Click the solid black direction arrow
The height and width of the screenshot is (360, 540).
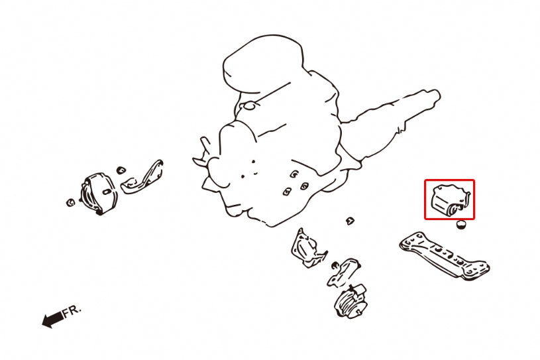[53, 320]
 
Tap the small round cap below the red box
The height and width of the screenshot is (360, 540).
[460, 225]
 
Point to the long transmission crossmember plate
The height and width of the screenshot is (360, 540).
[445, 255]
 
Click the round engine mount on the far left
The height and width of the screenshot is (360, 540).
[99, 194]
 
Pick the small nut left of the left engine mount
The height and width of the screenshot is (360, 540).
[70, 202]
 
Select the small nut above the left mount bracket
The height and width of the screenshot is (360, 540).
[121, 170]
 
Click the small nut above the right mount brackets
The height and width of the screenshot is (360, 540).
[350, 221]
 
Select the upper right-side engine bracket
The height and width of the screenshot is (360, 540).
[307, 249]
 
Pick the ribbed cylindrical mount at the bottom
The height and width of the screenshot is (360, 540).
[351, 301]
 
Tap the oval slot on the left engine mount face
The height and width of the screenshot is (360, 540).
[107, 192]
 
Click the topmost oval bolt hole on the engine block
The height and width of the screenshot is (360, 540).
[294, 174]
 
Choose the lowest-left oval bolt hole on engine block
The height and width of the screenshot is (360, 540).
[287, 192]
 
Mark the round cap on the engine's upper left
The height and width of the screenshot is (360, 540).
[249, 105]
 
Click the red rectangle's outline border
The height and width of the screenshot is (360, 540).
[450, 180]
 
